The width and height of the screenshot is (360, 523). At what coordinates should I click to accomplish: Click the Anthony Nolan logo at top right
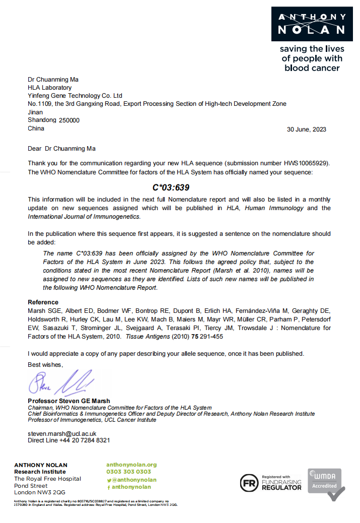(312, 24)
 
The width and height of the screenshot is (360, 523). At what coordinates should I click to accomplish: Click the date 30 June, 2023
(306, 129)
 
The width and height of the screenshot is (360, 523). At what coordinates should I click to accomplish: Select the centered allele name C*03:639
(171, 188)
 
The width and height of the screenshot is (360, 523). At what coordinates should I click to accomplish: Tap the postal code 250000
(69, 120)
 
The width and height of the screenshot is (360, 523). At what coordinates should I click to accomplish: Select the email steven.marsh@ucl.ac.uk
(62, 433)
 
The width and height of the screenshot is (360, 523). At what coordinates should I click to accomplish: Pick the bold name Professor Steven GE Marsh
(69, 401)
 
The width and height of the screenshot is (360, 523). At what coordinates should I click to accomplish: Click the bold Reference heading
(43, 302)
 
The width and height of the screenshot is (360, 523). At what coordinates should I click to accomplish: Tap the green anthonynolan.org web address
(131, 465)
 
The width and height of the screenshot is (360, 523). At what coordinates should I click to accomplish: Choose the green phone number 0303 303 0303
(128, 472)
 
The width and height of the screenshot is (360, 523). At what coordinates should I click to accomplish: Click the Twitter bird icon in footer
(109, 480)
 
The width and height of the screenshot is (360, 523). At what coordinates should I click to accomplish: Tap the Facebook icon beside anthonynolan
(109, 487)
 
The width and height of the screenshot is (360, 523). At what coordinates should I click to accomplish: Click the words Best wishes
(45, 364)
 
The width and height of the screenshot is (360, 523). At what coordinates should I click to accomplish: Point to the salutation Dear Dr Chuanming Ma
(61, 149)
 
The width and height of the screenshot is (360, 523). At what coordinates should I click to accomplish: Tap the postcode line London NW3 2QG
(39, 492)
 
